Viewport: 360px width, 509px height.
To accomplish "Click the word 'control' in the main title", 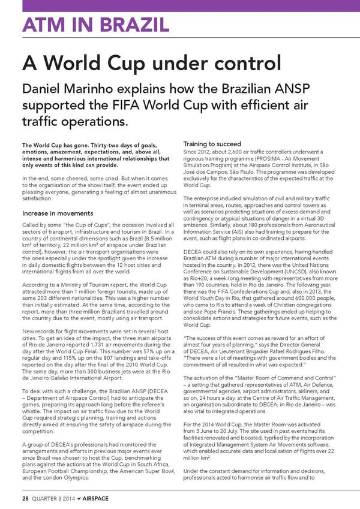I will [242, 63].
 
